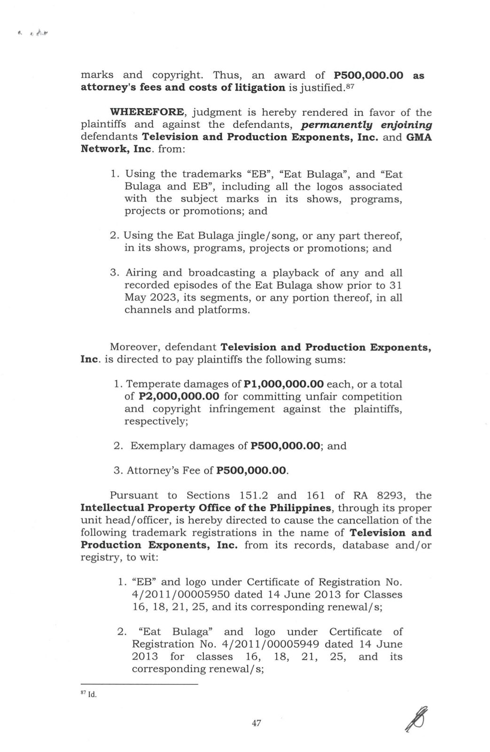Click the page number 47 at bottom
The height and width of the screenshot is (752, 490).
[x=256, y=723]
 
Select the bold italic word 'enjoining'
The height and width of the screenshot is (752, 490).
[x=407, y=125]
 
